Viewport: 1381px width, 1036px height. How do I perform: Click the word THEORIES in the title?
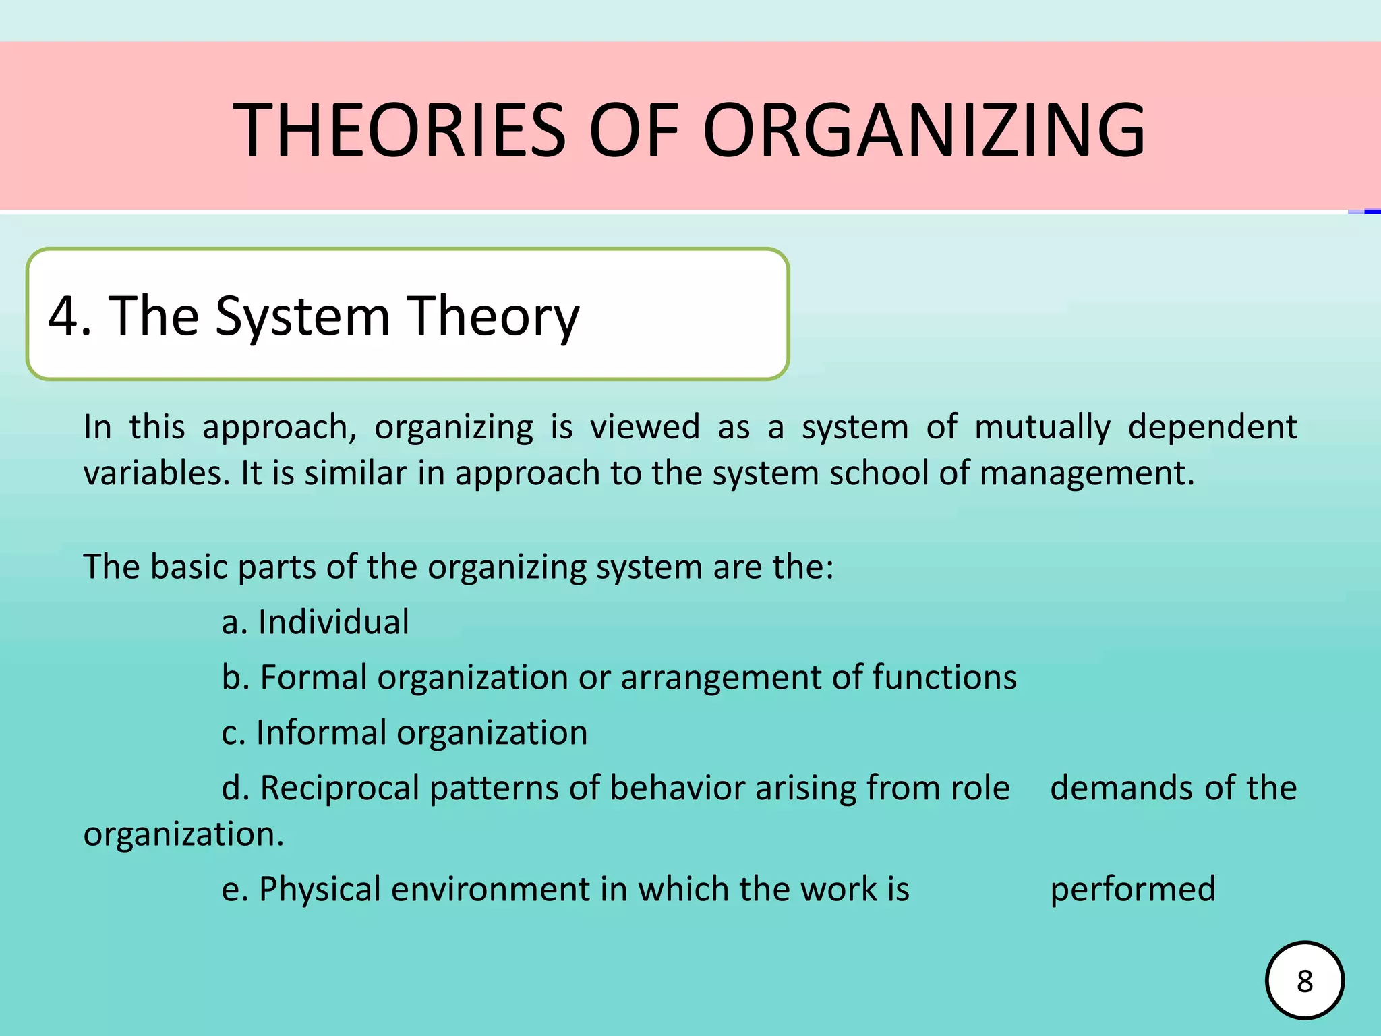coord(399,129)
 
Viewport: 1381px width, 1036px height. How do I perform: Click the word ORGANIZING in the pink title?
coord(924,129)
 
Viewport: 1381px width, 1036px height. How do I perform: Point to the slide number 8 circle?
coord(1305,981)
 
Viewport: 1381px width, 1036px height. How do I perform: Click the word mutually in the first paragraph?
coord(1042,428)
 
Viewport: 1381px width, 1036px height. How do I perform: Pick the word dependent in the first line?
coord(1212,428)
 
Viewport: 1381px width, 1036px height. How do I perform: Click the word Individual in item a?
coord(333,622)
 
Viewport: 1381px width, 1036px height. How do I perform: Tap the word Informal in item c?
coord(321,732)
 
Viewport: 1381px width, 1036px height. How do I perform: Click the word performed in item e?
coord(1133,889)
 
